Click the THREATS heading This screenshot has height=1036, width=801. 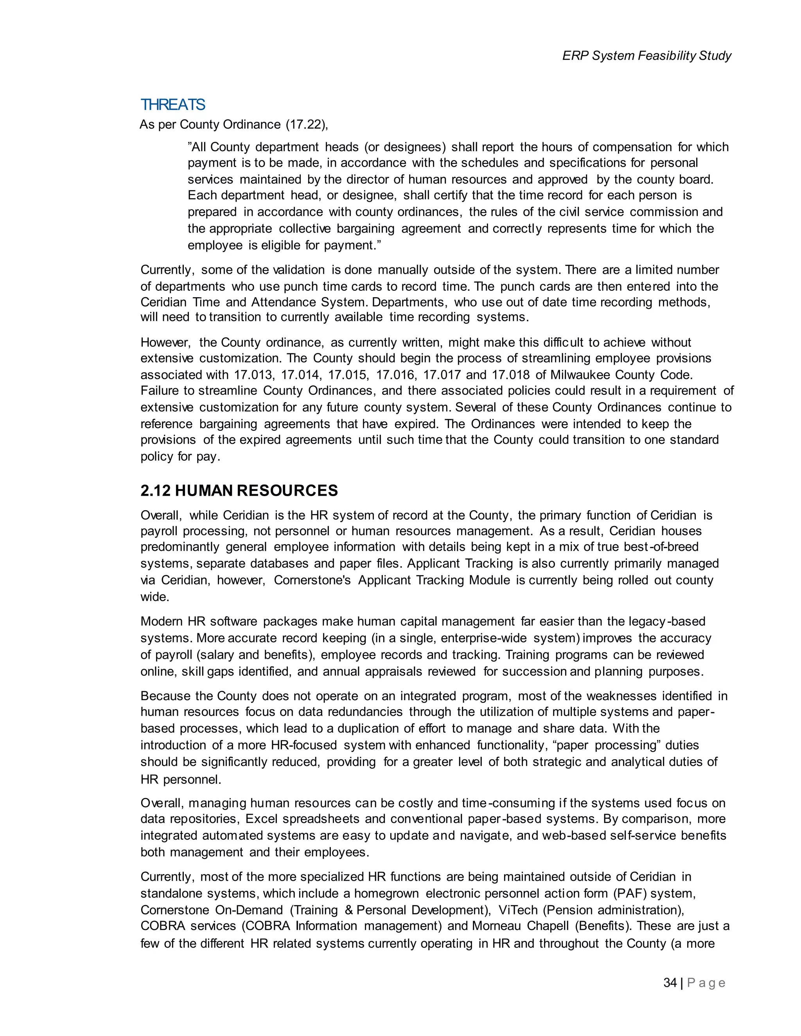[173, 104]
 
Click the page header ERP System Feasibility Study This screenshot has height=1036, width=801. [646, 56]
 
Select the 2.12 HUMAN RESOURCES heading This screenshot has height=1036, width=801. [239, 491]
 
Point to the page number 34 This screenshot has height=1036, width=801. [670, 982]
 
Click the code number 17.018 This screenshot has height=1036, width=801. [510, 375]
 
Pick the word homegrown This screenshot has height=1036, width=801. [387, 893]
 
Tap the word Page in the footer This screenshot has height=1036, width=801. [706, 983]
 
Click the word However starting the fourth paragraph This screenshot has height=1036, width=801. [165, 342]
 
